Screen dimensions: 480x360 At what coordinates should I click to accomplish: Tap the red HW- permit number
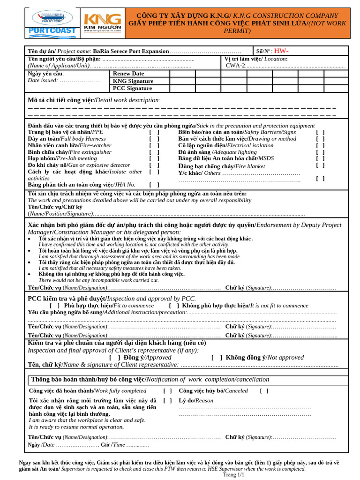pyautogui.click(x=281, y=51)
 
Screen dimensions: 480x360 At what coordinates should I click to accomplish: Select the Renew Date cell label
pyautogui.click(x=128, y=74)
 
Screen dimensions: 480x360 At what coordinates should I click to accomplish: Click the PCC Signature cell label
pyautogui.click(x=133, y=88)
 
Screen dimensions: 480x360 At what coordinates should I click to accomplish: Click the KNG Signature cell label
pyautogui.click(x=133, y=81)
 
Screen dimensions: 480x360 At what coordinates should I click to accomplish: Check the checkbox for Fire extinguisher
pyautogui.click(x=155, y=152)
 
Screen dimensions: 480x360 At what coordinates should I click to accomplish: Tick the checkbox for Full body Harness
pyautogui.click(x=155, y=139)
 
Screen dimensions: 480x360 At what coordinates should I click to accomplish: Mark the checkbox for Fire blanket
pyautogui.click(x=320, y=165)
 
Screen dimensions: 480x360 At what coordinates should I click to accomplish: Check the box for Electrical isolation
pyautogui.click(x=320, y=145)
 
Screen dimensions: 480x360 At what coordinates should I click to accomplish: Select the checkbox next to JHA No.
pyautogui.click(x=155, y=185)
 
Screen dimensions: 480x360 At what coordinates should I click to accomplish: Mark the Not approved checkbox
pyautogui.click(x=217, y=357)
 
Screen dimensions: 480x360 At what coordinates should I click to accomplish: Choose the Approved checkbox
pyautogui.click(x=114, y=357)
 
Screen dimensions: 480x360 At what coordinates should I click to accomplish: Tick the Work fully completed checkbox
pyautogui.click(x=167, y=390)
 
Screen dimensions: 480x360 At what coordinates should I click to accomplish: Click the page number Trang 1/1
pyautogui.click(x=234, y=475)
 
